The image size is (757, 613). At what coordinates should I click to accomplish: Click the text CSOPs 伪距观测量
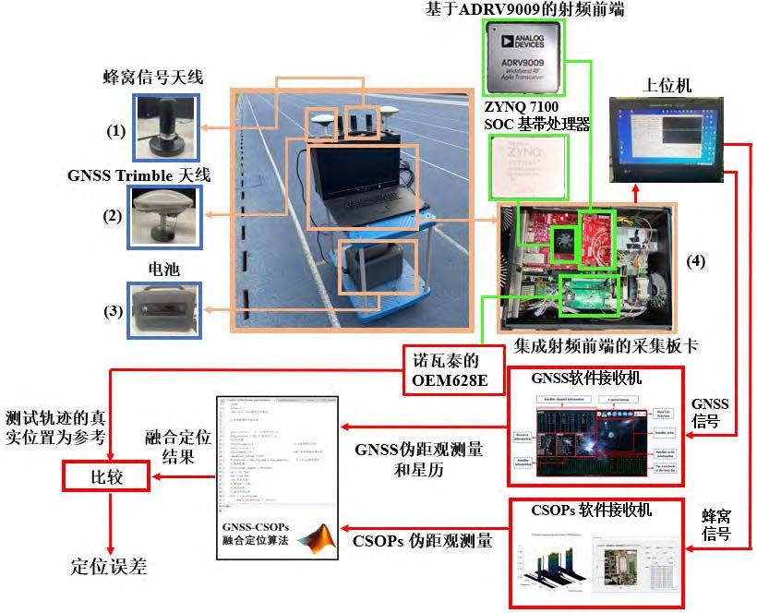coord(422,540)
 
